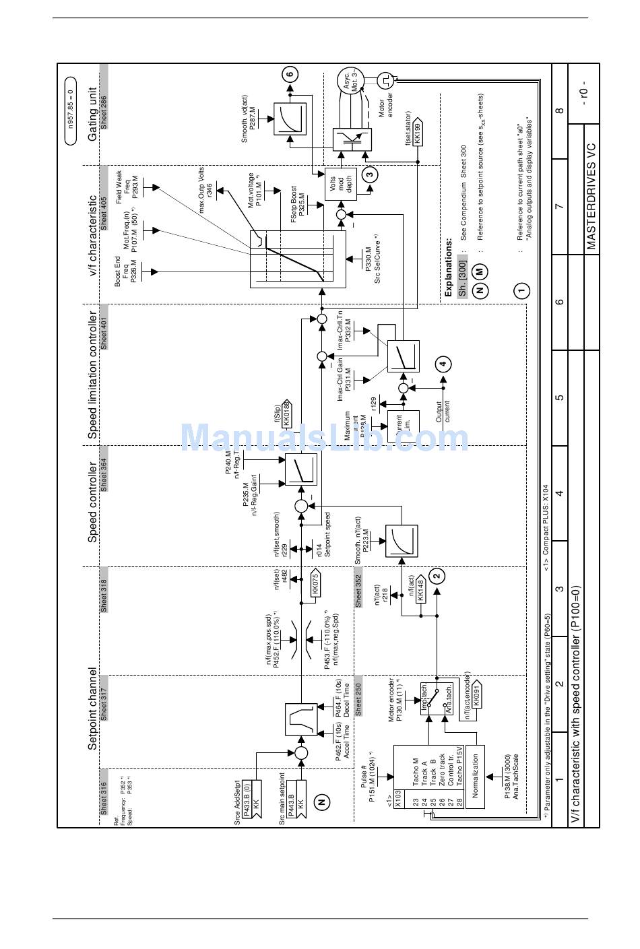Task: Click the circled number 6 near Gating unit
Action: coord(290,75)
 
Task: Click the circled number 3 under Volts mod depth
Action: coord(369,174)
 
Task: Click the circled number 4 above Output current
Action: coord(443,365)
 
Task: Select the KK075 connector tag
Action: coord(315,583)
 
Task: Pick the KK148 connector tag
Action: coord(420,589)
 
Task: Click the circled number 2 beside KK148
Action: coord(437,575)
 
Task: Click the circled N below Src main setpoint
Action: coord(322,801)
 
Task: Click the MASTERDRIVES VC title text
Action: coord(591,196)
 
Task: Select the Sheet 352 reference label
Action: coord(358,590)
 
